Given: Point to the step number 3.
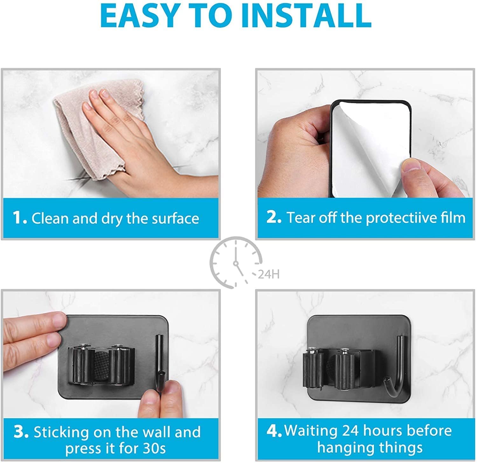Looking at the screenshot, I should [x=21, y=432].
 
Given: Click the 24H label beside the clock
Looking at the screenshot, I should [x=269, y=274].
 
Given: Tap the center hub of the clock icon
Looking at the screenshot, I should [x=236, y=263].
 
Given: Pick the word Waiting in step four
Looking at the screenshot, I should [x=311, y=431].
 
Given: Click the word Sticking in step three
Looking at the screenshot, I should [x=61, y=432].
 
